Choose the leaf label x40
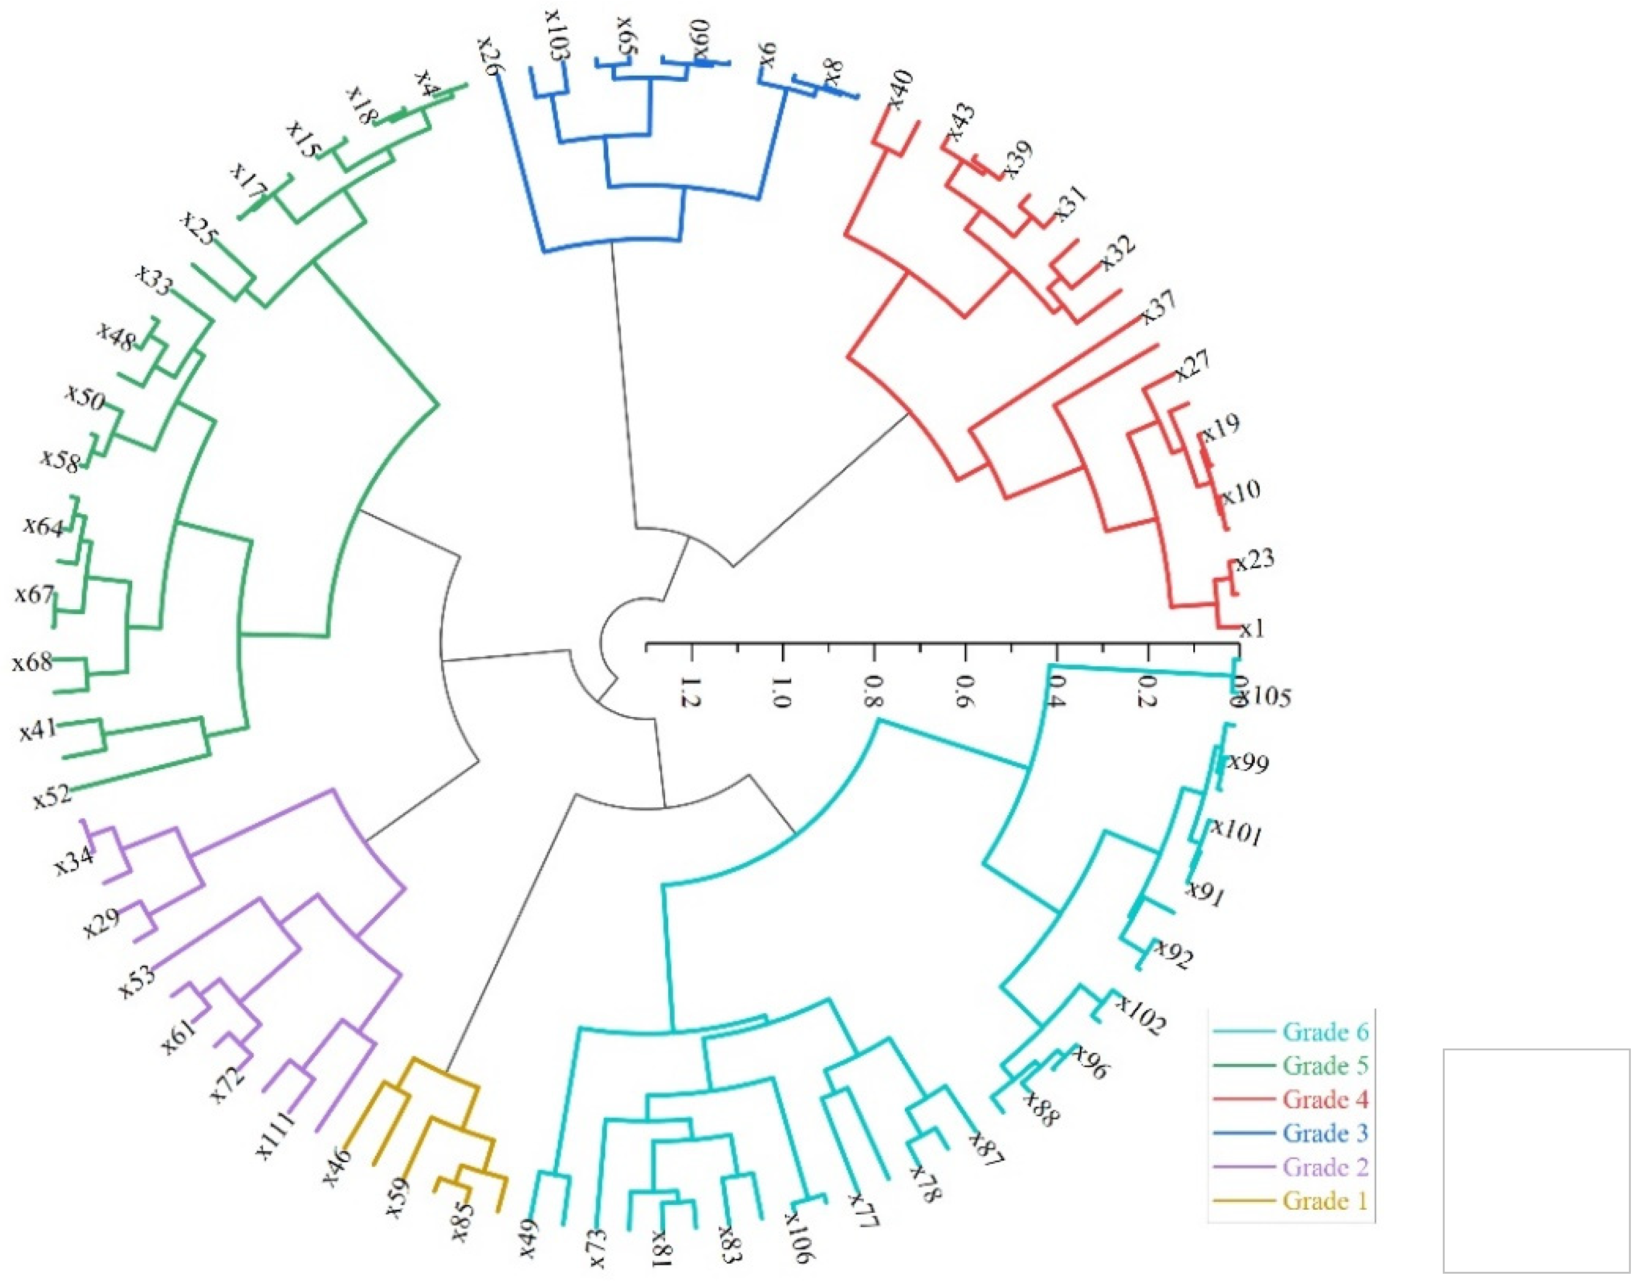point(899,89)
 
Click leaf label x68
point(32,663)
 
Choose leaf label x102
point(1140,1016)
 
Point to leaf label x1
point(1252,629)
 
